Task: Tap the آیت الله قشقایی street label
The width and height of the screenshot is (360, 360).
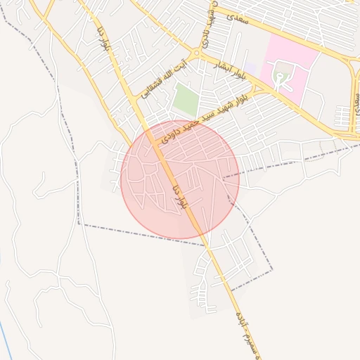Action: (x=165, y=75)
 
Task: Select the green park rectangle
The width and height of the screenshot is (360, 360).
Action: (x=185, y=99)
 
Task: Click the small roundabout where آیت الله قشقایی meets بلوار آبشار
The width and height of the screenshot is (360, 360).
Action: (x=198, y=53)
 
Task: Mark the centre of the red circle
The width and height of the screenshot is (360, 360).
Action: (x=180, y=178)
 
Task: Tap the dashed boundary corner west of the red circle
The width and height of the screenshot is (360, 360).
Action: (x=79, y=224)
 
